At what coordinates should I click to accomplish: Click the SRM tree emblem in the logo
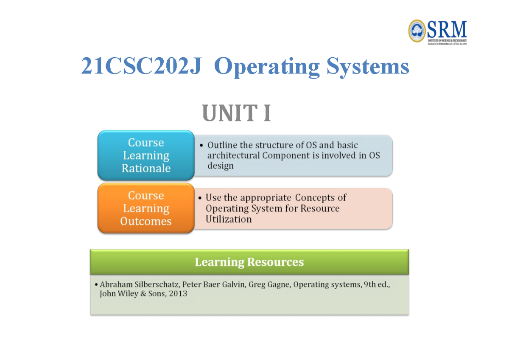[417, 31]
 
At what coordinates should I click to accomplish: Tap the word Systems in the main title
[368, 67]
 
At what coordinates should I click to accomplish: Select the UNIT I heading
[237, 114]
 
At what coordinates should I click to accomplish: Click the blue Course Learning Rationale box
[146, 155]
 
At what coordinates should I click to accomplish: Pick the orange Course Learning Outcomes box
[146, 208]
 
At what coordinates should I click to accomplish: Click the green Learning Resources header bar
[249, 262]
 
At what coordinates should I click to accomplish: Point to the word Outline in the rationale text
[222, 145]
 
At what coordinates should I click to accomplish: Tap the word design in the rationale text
[220, 166]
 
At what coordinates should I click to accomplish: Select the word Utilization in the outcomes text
[228, 219]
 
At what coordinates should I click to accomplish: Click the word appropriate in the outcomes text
[266, 198]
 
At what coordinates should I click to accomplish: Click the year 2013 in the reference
[178, 293]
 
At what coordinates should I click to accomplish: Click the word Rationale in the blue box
[146, 168]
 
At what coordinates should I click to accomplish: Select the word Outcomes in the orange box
[146, 221]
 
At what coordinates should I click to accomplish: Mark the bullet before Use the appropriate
[200, 198]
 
